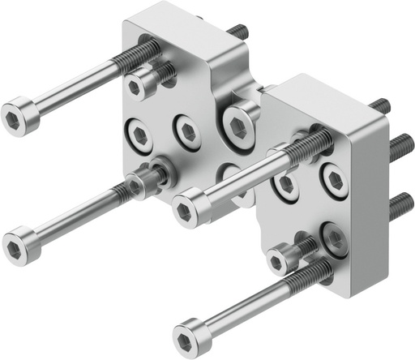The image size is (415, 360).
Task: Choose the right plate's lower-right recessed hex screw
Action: tap(334, 237)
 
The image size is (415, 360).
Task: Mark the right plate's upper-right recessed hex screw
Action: tap(332, 179)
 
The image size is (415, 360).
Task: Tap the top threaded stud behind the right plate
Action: tap(380, 106)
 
